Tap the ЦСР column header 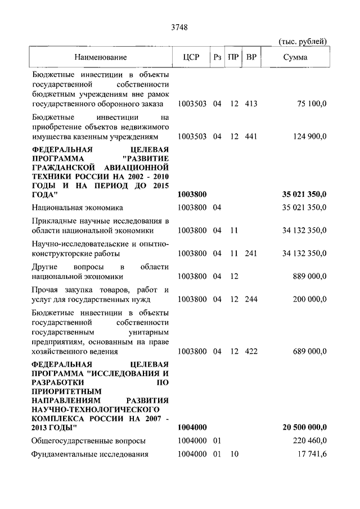pyautogui.click(x=192, y=57)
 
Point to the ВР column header pyautogui.click(x=252, y=57)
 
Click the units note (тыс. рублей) pyautogui.click(x=303, y=40)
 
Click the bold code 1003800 pyautogui.click(x=192, y=194)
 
